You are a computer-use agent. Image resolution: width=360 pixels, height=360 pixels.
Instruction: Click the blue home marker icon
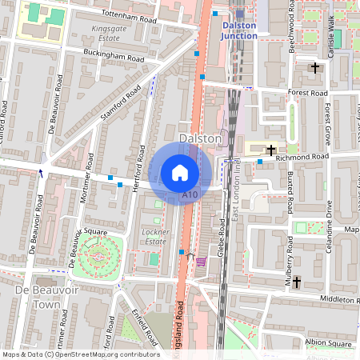(180, 173)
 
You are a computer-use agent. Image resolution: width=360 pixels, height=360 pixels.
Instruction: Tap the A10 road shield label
(190, 195)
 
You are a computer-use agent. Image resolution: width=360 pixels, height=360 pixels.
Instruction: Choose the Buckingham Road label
(114, 55)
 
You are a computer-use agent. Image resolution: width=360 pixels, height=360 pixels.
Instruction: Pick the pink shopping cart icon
(200, 261)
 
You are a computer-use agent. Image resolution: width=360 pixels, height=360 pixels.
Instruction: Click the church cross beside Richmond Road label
(271, 150)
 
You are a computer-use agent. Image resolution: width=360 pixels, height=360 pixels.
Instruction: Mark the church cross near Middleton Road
(296, 282)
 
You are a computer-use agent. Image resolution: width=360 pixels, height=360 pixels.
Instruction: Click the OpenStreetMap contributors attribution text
(80, 354)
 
